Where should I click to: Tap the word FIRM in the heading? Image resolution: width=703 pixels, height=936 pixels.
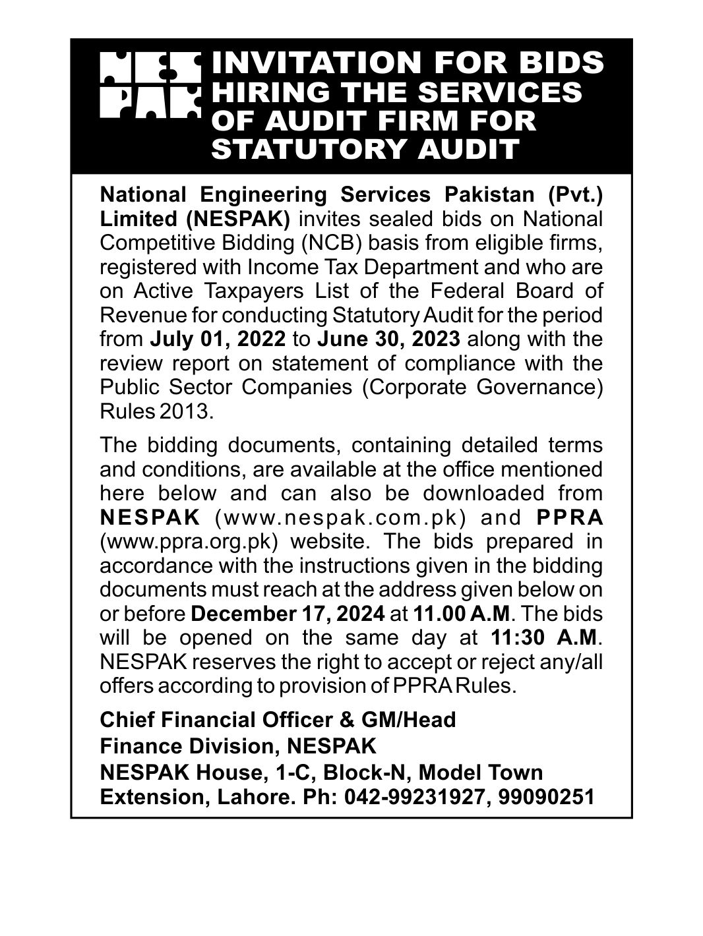click(436, 121)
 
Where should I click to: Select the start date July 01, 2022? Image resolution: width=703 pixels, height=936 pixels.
click(218, 339)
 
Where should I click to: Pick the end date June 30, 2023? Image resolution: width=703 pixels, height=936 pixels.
click(393, 339)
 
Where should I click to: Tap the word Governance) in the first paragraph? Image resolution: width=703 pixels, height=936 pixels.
click(539, 388)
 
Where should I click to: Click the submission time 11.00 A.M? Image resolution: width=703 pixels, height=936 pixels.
click(462, 614)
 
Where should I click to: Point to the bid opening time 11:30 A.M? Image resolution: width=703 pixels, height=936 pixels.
click(545, 637)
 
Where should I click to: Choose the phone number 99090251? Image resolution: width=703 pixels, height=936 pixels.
click(547, 797)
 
